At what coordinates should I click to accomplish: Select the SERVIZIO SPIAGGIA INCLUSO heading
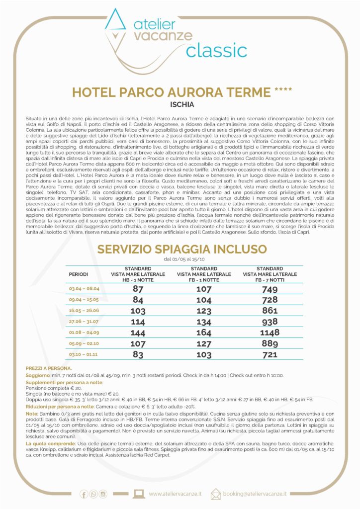pos(181,249)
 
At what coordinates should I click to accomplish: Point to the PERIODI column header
pos(79,274)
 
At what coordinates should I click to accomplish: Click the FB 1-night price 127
pos(204,343)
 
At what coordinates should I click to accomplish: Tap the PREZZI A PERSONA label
pos(49,368)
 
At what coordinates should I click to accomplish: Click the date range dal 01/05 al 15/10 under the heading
pos(181,259)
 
